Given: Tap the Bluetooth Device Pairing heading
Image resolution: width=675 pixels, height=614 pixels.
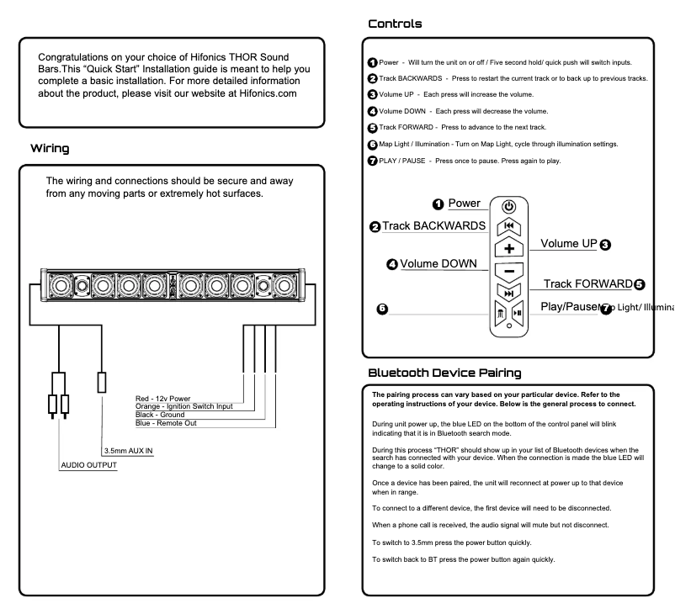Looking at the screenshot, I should coord(444,372).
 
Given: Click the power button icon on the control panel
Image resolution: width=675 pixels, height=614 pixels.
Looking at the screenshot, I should coord(508,206).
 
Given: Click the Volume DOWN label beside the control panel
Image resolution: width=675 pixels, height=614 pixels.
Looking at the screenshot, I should coord(436,264).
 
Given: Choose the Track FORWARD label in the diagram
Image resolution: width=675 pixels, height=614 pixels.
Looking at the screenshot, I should coord(587,284).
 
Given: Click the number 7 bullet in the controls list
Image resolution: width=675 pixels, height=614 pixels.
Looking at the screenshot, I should coord(373,161).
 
